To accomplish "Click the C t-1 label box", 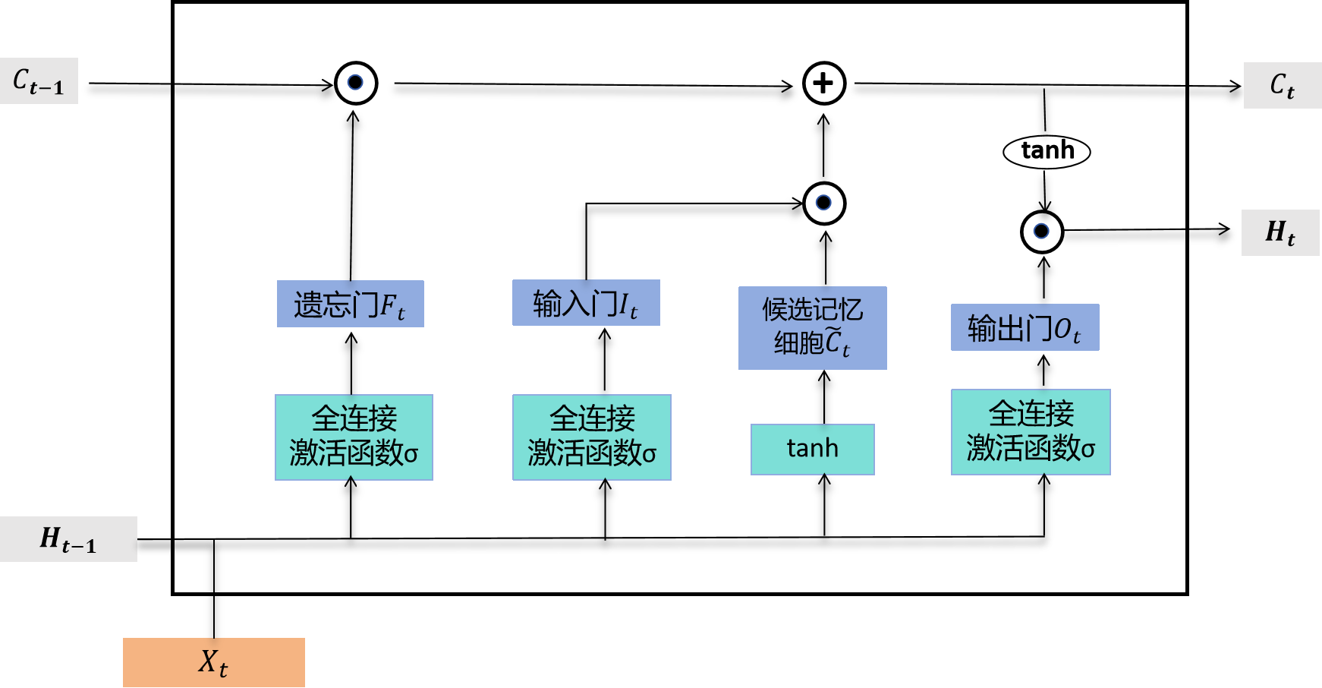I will [39, 80].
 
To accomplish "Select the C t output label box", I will [1283, 85].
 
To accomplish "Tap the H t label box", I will [1280, 232].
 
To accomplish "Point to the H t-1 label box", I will [68, 539].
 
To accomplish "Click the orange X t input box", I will [214, 662].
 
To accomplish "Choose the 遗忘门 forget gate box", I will [350, 304].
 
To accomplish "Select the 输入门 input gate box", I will [586, 303].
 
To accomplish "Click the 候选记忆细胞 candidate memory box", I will [812, 328].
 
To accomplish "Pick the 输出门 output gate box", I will [1025, 327].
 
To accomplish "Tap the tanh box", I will [812, 449].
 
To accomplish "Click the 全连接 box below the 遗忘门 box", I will [354, 437].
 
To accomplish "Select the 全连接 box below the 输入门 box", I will [592, 437].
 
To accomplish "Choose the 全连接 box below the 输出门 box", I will [1031, 432].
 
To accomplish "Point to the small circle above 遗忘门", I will [355, 82].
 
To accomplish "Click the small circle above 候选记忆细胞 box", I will [823, 203].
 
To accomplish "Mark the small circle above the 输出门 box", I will [1041, 231].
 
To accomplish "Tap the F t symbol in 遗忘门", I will [392, 306].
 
